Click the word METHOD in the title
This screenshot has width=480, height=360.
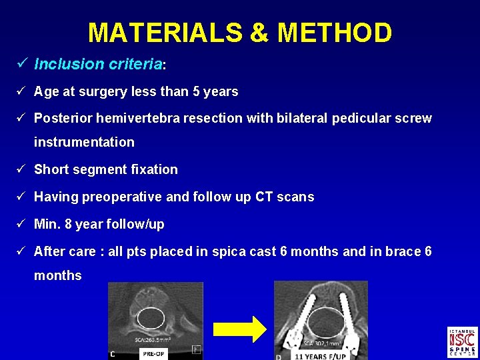tap(336, 32)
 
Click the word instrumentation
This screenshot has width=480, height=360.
tap(84, 142)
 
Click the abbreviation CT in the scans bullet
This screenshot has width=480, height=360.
tap(265, 197)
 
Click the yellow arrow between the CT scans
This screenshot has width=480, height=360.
tap(239, 328)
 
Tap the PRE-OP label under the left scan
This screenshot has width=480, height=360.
tap(156, 354)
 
